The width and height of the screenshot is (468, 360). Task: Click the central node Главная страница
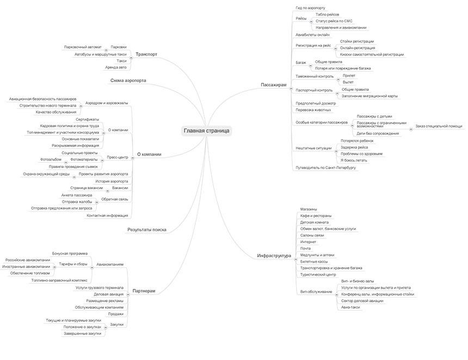coord(207,131)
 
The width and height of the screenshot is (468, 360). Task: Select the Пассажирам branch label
coord(273,85)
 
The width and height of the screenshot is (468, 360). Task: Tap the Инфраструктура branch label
coord(274,256)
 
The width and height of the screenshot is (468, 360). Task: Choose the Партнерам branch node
coord(144,291)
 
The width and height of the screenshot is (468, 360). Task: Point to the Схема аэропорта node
coord(128,80)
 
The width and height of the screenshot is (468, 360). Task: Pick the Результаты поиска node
coord(146,230)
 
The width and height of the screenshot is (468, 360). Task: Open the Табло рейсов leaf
coord(328,15)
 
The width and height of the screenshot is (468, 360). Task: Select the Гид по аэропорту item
coord(310,8)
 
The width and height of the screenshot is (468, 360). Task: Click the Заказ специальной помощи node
coord(439,126)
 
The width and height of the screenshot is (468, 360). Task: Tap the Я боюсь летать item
coord(354,160)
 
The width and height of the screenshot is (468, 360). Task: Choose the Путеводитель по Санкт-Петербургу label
coord(325,167)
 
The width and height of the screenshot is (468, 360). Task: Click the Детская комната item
coord(315,222)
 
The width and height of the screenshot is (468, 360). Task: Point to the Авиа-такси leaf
coord(350,307)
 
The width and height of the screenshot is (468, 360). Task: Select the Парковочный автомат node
coord(82,47)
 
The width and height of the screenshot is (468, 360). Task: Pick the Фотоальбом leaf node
coord(50,159)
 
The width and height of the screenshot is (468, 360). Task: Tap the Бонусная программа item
coord(70,253)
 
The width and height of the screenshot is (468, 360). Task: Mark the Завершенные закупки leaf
coord(83,333)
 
